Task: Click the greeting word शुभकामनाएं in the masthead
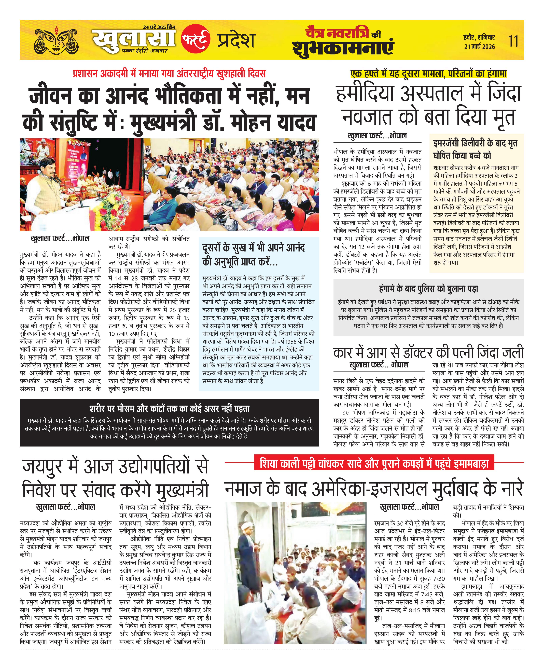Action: click(x=343, y=48)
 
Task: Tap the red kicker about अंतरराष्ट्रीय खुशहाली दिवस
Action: click(x=169, y=74)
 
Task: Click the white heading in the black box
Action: click(x=169, y=409)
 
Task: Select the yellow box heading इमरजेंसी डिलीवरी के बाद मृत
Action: click(x=475, y=149)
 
